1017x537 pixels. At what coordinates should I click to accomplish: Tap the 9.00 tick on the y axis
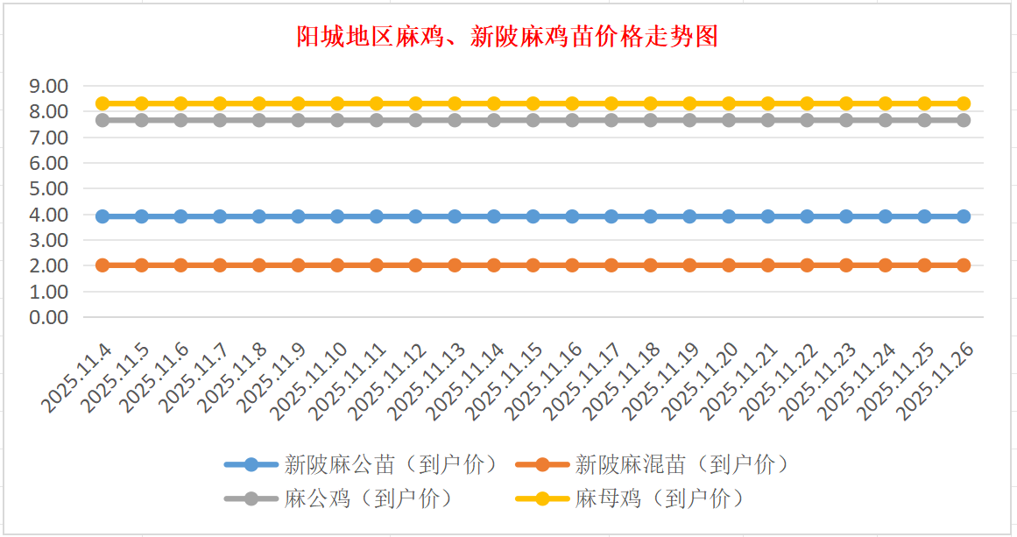pos(49,86)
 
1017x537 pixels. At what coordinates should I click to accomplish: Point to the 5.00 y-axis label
pos(49,188)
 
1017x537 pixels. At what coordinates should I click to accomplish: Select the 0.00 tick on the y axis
pos(49,317)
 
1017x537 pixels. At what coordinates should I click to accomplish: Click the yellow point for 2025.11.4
pos(102,103)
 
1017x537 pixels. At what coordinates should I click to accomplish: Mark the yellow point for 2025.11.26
pos(964,103)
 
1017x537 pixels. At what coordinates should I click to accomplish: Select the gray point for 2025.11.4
pos(102,120)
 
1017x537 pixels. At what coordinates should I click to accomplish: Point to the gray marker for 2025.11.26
pos(964,120)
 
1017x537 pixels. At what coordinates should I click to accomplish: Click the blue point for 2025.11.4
pos(102,216)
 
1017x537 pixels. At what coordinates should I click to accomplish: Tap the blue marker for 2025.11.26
pos(964,216)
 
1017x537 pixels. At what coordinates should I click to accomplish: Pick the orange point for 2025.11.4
pos(102,265)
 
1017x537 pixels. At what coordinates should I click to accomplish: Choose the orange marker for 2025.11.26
pos(964,265)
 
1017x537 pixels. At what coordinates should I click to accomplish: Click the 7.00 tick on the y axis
pos(49,138)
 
